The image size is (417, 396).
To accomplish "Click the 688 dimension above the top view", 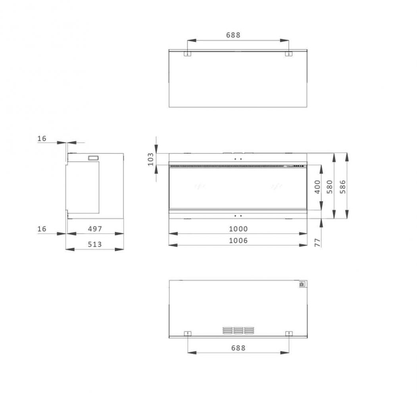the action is [x=233, y=35].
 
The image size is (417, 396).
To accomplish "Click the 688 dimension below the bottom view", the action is [x=238, y=348].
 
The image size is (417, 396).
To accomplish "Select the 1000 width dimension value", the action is [x=238, y=229].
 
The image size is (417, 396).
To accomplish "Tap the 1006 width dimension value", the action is [x=238, y=240].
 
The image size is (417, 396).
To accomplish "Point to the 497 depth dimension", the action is [x=95, y=229].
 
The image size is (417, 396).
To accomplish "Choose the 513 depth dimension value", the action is [x=95, y=244].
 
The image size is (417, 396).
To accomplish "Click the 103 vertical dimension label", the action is [x=150, y=159].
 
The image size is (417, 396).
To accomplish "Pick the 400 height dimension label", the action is [x=317, y=187].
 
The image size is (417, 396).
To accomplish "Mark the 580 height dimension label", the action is [x=330, y=187].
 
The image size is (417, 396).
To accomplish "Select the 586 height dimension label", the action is [x=343, y=187].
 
